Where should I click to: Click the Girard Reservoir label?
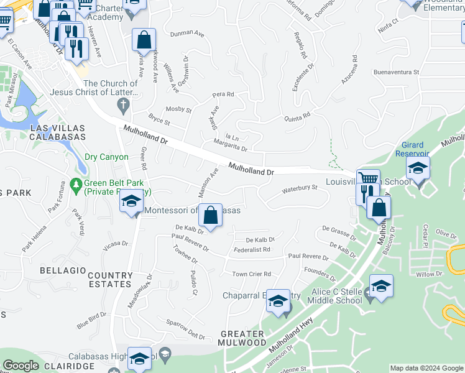tap(412, 149)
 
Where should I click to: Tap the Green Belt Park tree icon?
tap(76, 184)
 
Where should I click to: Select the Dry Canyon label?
tap(106, 158)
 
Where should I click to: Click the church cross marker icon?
tap(124, 105)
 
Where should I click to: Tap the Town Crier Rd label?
tap(252, 274)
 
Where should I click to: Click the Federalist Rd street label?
tap(252, 250)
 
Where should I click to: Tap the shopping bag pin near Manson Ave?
tap(211, 216)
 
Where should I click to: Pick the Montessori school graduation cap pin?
tap(131, 201)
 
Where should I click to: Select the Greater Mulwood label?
tap(243, 338)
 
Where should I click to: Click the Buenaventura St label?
tap(396, 72)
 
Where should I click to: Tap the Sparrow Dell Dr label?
tap(185, 329)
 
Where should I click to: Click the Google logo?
tap(21, 366)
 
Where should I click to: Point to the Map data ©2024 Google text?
tap(426, 368)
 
